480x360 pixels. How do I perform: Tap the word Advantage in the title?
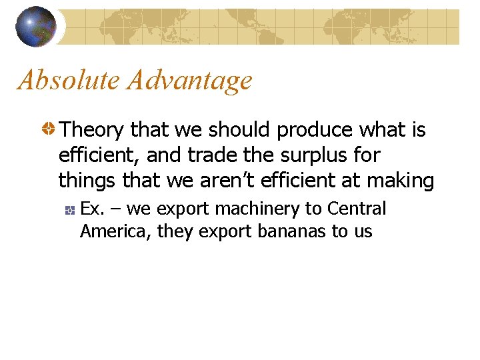(x=190, y=81)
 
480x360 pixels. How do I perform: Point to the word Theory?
(x=93, y=130)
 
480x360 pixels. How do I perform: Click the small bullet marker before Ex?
(x=69, y=210)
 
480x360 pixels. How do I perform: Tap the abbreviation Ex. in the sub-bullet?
(x=92, y=209)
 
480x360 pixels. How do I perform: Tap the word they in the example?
(x=173, y=231)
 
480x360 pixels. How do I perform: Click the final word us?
(x=363, y=231)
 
